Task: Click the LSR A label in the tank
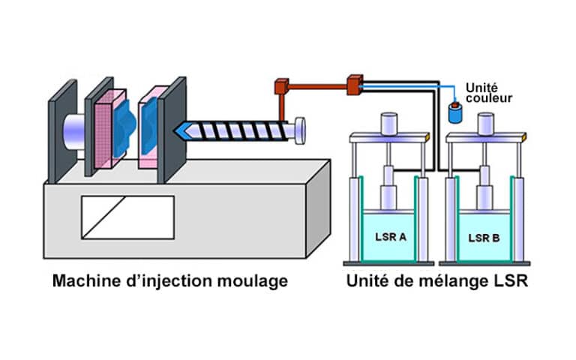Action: (x=390, y=237)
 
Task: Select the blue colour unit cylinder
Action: (x=453, y=114)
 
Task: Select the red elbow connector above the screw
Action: (x=281, y=86)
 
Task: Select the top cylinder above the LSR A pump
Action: (x=389, y=122)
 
